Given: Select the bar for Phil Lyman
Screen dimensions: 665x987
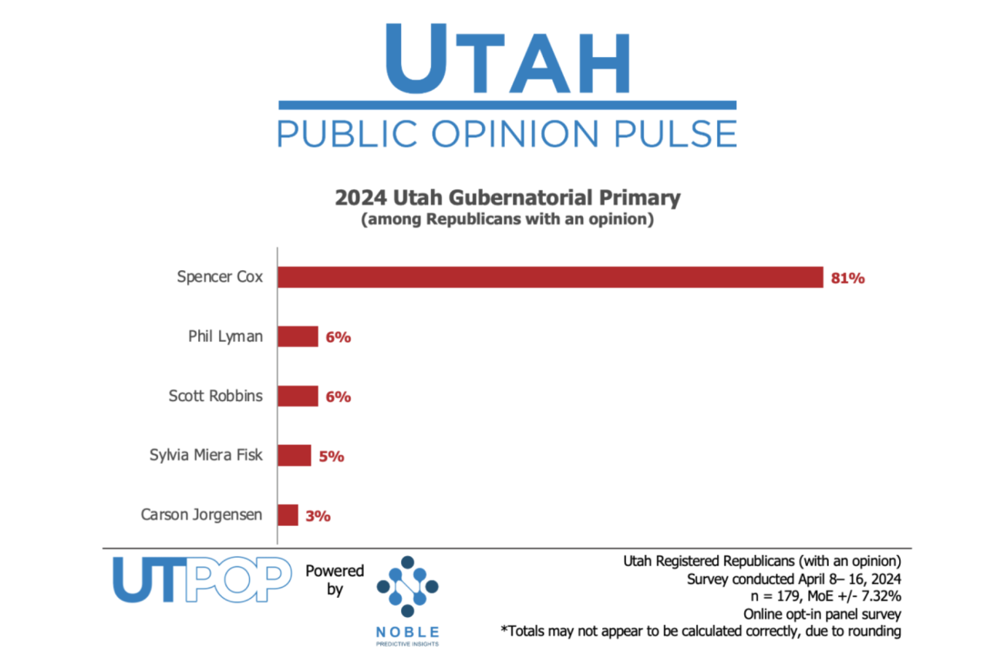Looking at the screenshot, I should [x=298, y=336].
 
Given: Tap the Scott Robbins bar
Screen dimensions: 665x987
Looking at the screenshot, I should [x=298, y=396].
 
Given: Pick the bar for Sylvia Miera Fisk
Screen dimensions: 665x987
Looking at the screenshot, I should [x=294, y=455].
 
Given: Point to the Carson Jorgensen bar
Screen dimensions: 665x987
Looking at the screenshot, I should [x=288, y=515].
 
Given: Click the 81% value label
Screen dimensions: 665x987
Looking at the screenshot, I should [x=847, y=278].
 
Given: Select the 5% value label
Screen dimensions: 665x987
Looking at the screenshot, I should [x=332, y=456].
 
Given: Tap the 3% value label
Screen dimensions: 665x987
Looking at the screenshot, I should [x=318, y=515].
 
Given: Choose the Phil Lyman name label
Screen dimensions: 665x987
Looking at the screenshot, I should [x=224, y=336].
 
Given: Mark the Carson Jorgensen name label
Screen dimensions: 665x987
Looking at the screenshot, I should [x=202, y=514].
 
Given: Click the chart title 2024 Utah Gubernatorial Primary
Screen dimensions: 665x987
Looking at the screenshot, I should [x=507, y=198].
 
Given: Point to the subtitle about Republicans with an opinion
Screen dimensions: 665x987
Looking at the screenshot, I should [x=507, y=220].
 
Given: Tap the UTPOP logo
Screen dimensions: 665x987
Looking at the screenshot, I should [x=202, y=579].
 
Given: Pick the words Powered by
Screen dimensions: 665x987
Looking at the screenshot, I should [x=335, y=579].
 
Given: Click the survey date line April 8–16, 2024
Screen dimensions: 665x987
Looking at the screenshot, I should [x=793, y=579].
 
